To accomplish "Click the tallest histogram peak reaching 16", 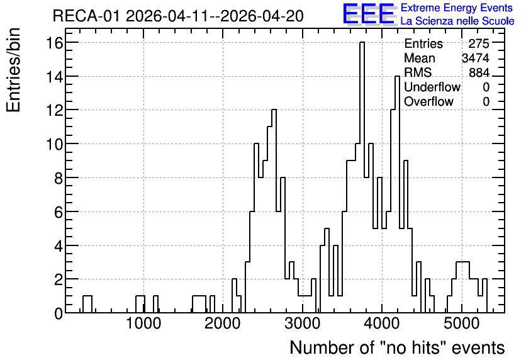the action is tap(362, 43).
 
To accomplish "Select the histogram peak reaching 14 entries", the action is tap(397, 77).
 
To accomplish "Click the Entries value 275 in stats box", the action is tap(479, 43).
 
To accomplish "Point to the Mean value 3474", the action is tap(475, 58).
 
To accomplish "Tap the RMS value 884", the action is tap(479, 72).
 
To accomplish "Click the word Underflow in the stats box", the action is tap(432, 87).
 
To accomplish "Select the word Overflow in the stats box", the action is tap(428, 101).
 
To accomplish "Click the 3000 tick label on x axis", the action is tap(302, 324).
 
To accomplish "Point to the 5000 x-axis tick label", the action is tap(462, 324).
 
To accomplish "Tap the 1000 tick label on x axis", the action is tap(143, 324).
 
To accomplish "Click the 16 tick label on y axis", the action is tap(55, 43).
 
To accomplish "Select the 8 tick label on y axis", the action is tap(59, 178).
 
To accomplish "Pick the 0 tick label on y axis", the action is tap(59, 313).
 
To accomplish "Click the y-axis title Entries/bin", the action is tap(14, 70).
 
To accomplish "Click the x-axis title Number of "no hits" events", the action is tap(397, 347).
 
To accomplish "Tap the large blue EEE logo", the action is tap(369, 14).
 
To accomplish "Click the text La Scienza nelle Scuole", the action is tap(457, 21).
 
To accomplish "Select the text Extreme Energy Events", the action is tap(457, 8).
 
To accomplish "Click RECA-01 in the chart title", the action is tap(86, 16).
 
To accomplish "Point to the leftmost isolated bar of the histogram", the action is tap(87, 304).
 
